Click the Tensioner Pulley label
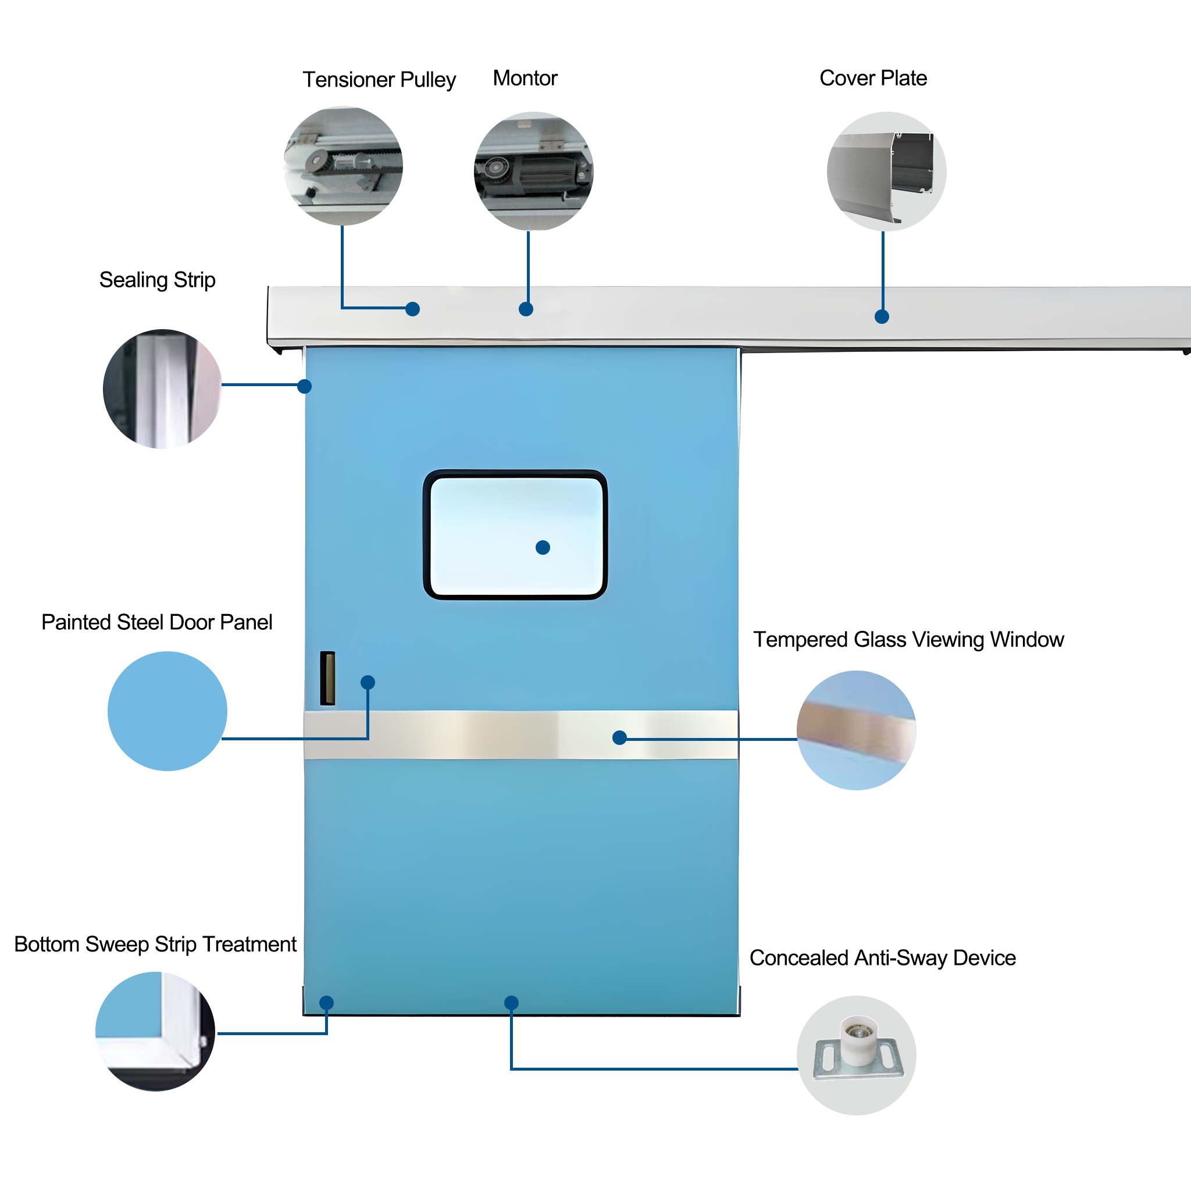379,80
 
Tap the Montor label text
525,79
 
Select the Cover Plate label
873,79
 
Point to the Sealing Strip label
157,280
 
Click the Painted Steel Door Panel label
156,623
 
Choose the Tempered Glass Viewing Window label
909,640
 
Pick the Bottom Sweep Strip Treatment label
155,944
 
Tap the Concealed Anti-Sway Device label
883,958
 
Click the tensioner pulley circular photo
343,166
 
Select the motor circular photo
534,172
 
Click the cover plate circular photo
886,172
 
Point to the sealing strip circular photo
162,389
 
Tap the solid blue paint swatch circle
167,711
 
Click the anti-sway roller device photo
856,1056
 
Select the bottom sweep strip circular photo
155,1031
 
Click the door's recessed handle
327,678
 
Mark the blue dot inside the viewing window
543,547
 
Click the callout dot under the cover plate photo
882,317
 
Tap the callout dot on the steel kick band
619,738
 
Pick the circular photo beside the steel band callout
856,730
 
